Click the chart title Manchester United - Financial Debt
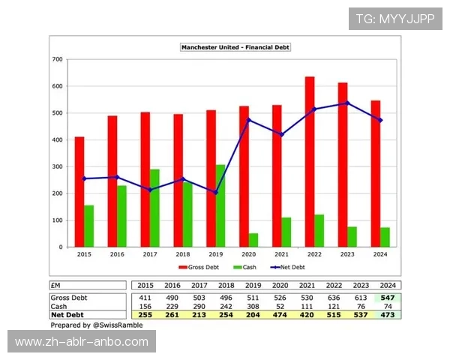pyautogui.click(x=235, y=47)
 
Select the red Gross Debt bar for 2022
pyautogui.click(x=310, y=162)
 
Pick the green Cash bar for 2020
pyautogui.click(x=253, y=240)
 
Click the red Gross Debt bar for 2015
pyautogui.click(x=79, y=192)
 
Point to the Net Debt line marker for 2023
pyautogui.click(x=347, y=103)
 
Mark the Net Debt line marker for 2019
pyautogui.click(x=216, y=192)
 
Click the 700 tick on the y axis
pyautogui.click(x=57, y=59)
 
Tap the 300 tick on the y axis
pyautogui.click(x=57, y=166)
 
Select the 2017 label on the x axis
pyautogui.click(x=150, y=255)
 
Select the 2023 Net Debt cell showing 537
pyautogui.click(x=363, y=316)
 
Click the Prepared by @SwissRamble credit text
pyautogui.click(x=97, y=326)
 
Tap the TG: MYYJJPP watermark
pyautogui.click(x=395, y=19)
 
